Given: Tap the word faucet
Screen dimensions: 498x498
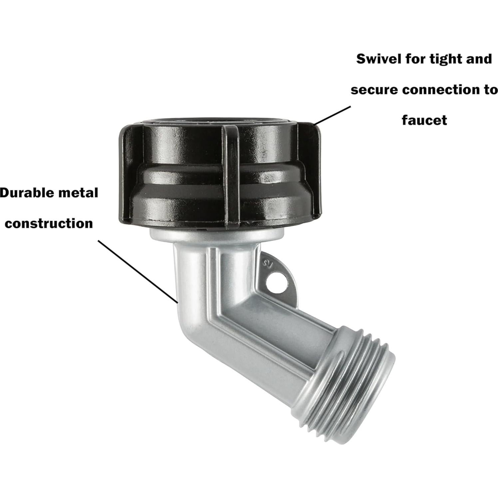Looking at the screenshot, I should click(424, 120).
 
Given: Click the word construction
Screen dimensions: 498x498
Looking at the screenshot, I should click(49, 223).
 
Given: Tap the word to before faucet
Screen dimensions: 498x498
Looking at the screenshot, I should click(490, 90).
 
